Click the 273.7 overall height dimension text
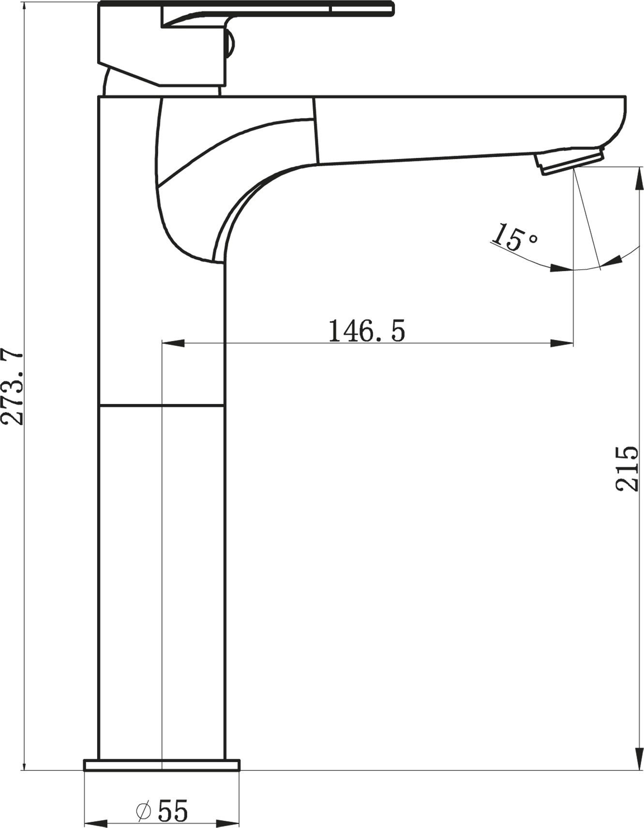tap(13, 386)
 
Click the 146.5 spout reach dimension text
tap(366, 331)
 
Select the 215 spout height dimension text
tap(627, 468)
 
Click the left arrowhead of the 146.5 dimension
tap(173, 343)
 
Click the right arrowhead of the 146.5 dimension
tap(562, 343)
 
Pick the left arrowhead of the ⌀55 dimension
tap(95, 822)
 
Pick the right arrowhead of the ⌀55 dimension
tap(228, 822)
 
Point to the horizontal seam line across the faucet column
tap(162, 405)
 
